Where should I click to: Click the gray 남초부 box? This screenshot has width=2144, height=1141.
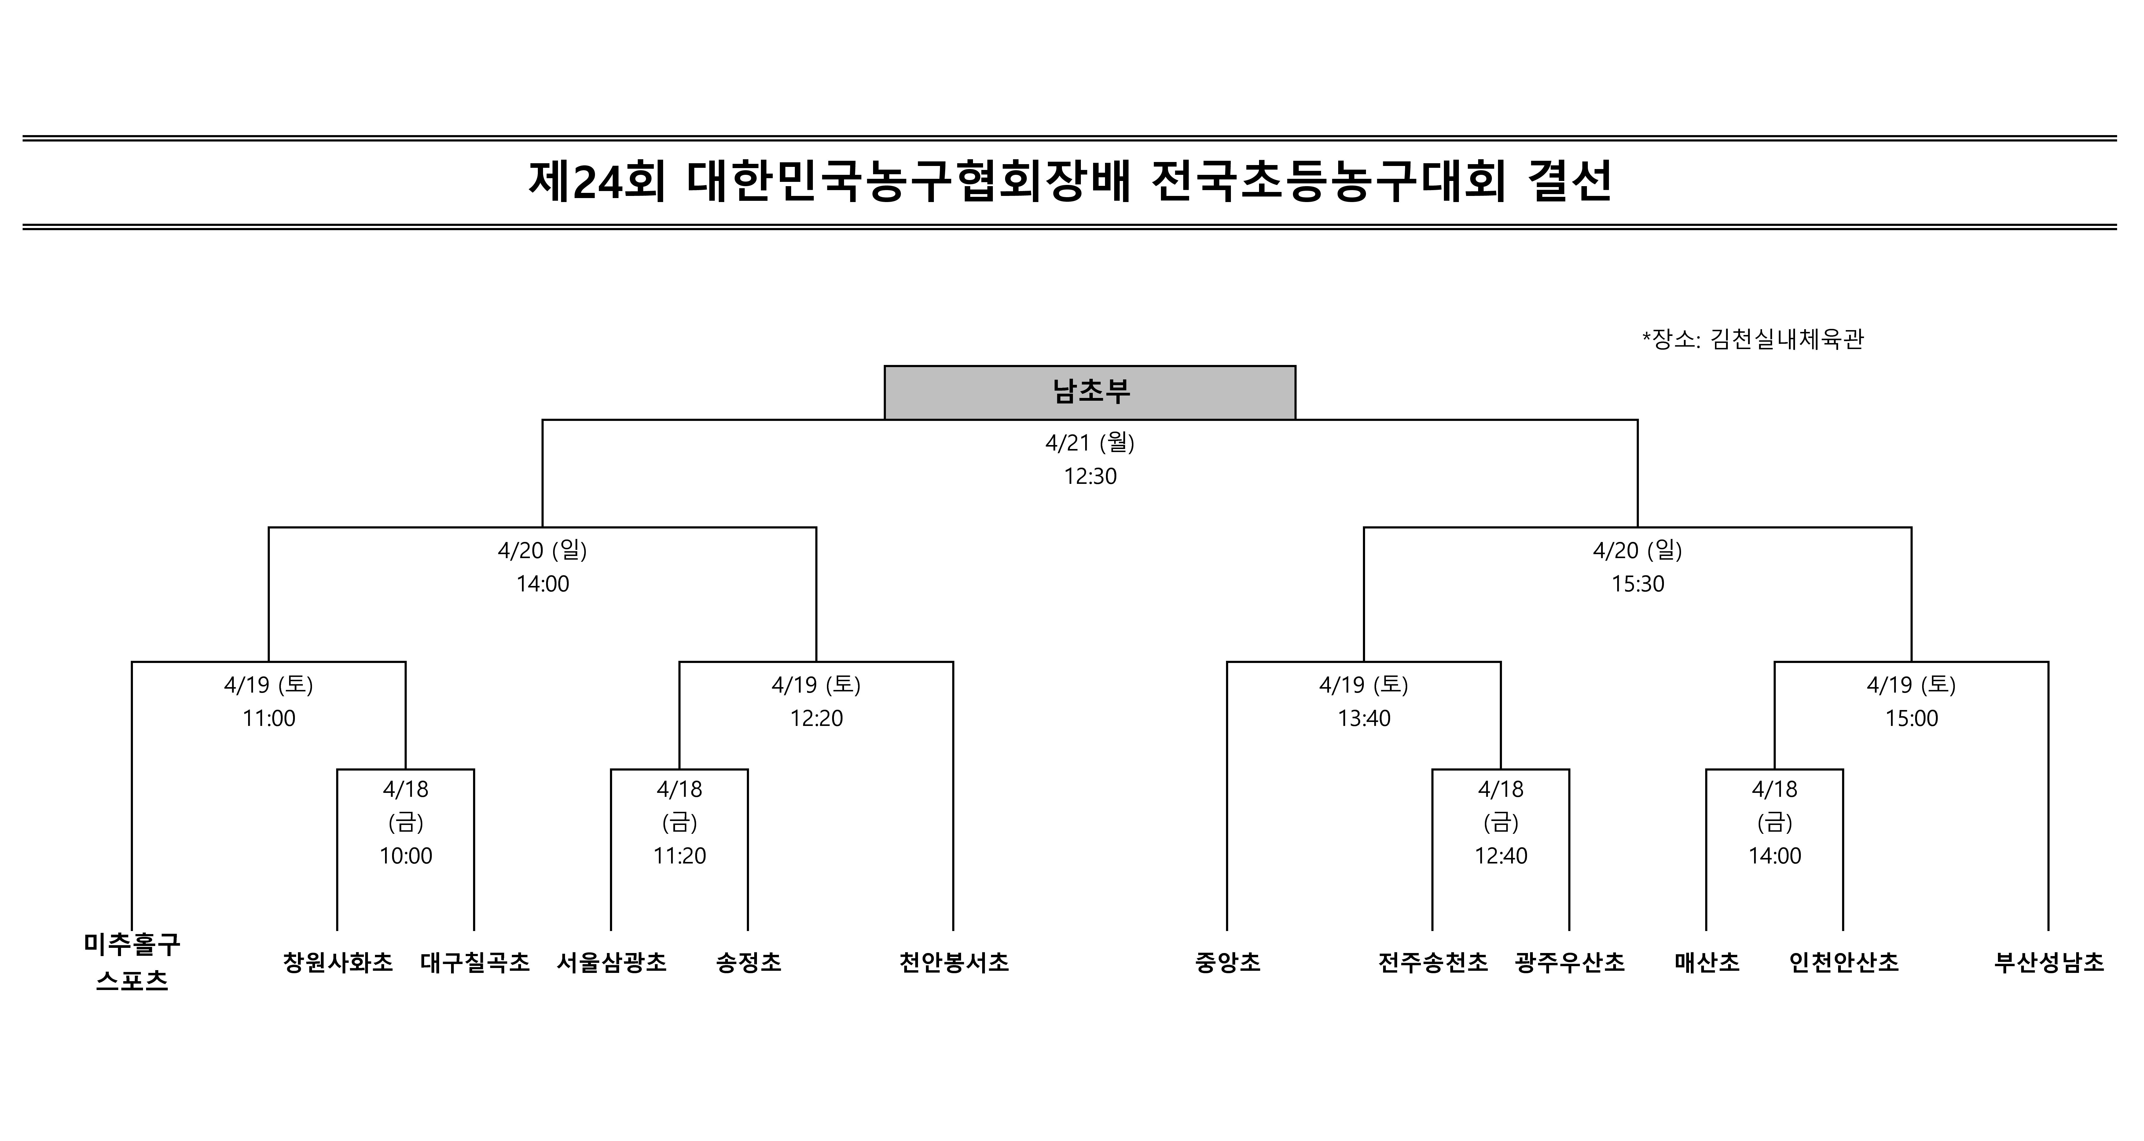1089,392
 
